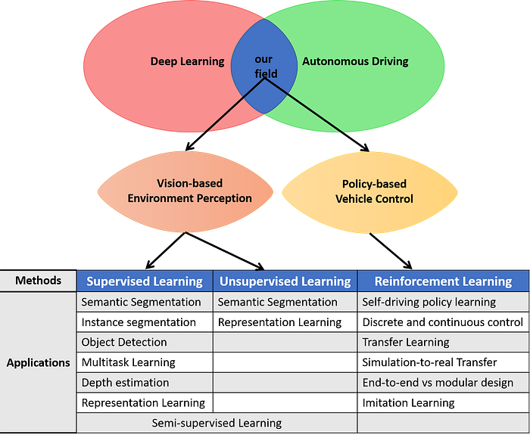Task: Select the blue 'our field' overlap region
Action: coord(264,67)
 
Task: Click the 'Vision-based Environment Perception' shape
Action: coord(189,191)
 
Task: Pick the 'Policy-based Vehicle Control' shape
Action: coord(374,191)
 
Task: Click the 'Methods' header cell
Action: coord(38,281)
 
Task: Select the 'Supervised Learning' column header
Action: coord(145,281)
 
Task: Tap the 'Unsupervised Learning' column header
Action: coord(285,281)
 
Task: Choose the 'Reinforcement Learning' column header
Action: coord(443,281)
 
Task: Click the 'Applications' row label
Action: coord(38,362)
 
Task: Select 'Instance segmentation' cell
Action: coord(139,322)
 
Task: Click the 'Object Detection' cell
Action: coord(124,342)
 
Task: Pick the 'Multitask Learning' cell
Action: coord(129,362)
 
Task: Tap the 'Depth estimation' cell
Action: coord(126,383)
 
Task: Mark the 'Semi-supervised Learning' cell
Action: coord(217,423)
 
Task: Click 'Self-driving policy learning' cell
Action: coord(429,302)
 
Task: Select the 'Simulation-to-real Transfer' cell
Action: coord(429,362)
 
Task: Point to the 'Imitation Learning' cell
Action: coord(409,402)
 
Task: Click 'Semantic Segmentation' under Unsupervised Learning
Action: coord(278,302)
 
